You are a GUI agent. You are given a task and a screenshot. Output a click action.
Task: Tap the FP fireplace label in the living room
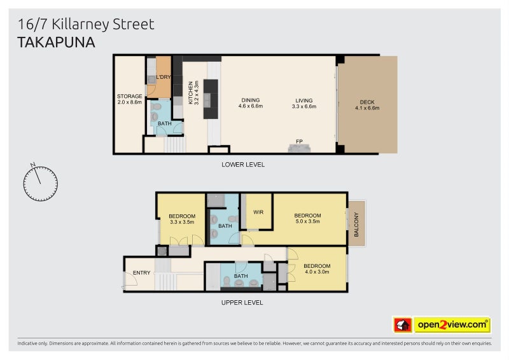298,141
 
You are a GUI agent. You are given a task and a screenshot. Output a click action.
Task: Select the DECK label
367,104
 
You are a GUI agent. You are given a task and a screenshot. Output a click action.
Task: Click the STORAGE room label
129,99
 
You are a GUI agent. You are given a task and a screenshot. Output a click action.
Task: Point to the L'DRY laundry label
164,77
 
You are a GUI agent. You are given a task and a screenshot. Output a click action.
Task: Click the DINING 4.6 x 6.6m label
250,103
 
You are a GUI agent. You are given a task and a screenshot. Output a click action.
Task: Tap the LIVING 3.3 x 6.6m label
303,103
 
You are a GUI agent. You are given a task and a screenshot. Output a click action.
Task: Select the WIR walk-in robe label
258,212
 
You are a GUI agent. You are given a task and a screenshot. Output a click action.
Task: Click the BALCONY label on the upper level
356,223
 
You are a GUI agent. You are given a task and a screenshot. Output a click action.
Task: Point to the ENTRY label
142,273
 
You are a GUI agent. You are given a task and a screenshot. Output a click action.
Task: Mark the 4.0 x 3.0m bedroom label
316,269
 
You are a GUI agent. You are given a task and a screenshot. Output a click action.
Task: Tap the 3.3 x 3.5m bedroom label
182,219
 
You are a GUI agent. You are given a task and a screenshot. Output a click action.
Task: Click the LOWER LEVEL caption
242,165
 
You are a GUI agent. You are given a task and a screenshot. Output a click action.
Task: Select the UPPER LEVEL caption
242,303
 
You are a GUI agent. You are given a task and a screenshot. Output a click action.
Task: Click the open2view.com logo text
452,325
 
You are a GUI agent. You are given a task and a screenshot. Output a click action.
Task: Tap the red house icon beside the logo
403,325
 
